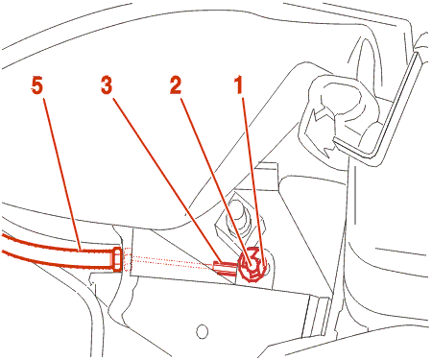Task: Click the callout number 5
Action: [x=37, y=86]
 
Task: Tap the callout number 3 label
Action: [x=107, y=85]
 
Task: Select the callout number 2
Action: [x=176, y=85]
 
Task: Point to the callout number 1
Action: [x=239, y=85]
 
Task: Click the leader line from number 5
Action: [x=62, y=175]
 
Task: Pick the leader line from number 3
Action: [x=166, y=180]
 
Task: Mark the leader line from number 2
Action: [x=215, y=180]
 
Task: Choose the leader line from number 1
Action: [x=252, y=180]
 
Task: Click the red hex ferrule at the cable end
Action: [x=117, y=259]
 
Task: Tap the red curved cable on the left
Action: [x=58, y=252]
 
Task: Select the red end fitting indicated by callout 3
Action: [x=226, y=267]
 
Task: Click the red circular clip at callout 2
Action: [x=252, y=265]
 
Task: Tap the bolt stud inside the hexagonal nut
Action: [x=238, y=213]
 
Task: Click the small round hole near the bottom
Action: [x=202, y=331]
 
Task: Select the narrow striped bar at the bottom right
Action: [x=316, y=317]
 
